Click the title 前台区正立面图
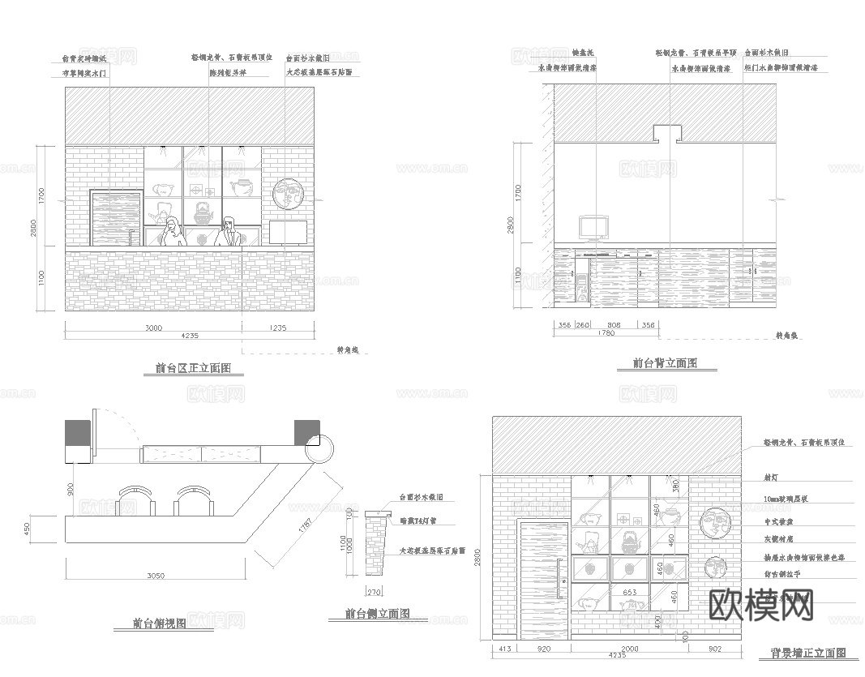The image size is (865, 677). coord(193,368)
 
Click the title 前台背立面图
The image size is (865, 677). coord(665,364)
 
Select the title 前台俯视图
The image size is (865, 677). coord(160,623)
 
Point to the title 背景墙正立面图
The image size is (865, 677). coord(808,653)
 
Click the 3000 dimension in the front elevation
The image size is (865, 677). coord(153,328)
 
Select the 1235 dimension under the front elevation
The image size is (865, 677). coord(277,328)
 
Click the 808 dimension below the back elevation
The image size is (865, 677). coord(614,325)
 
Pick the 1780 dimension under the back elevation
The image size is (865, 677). coord(605,333)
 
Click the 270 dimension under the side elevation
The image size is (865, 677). coord(374,591)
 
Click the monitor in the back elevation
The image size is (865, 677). coord(594,228)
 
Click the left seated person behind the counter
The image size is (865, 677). coord(173,233)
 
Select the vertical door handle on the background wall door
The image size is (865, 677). coord(558,577)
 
